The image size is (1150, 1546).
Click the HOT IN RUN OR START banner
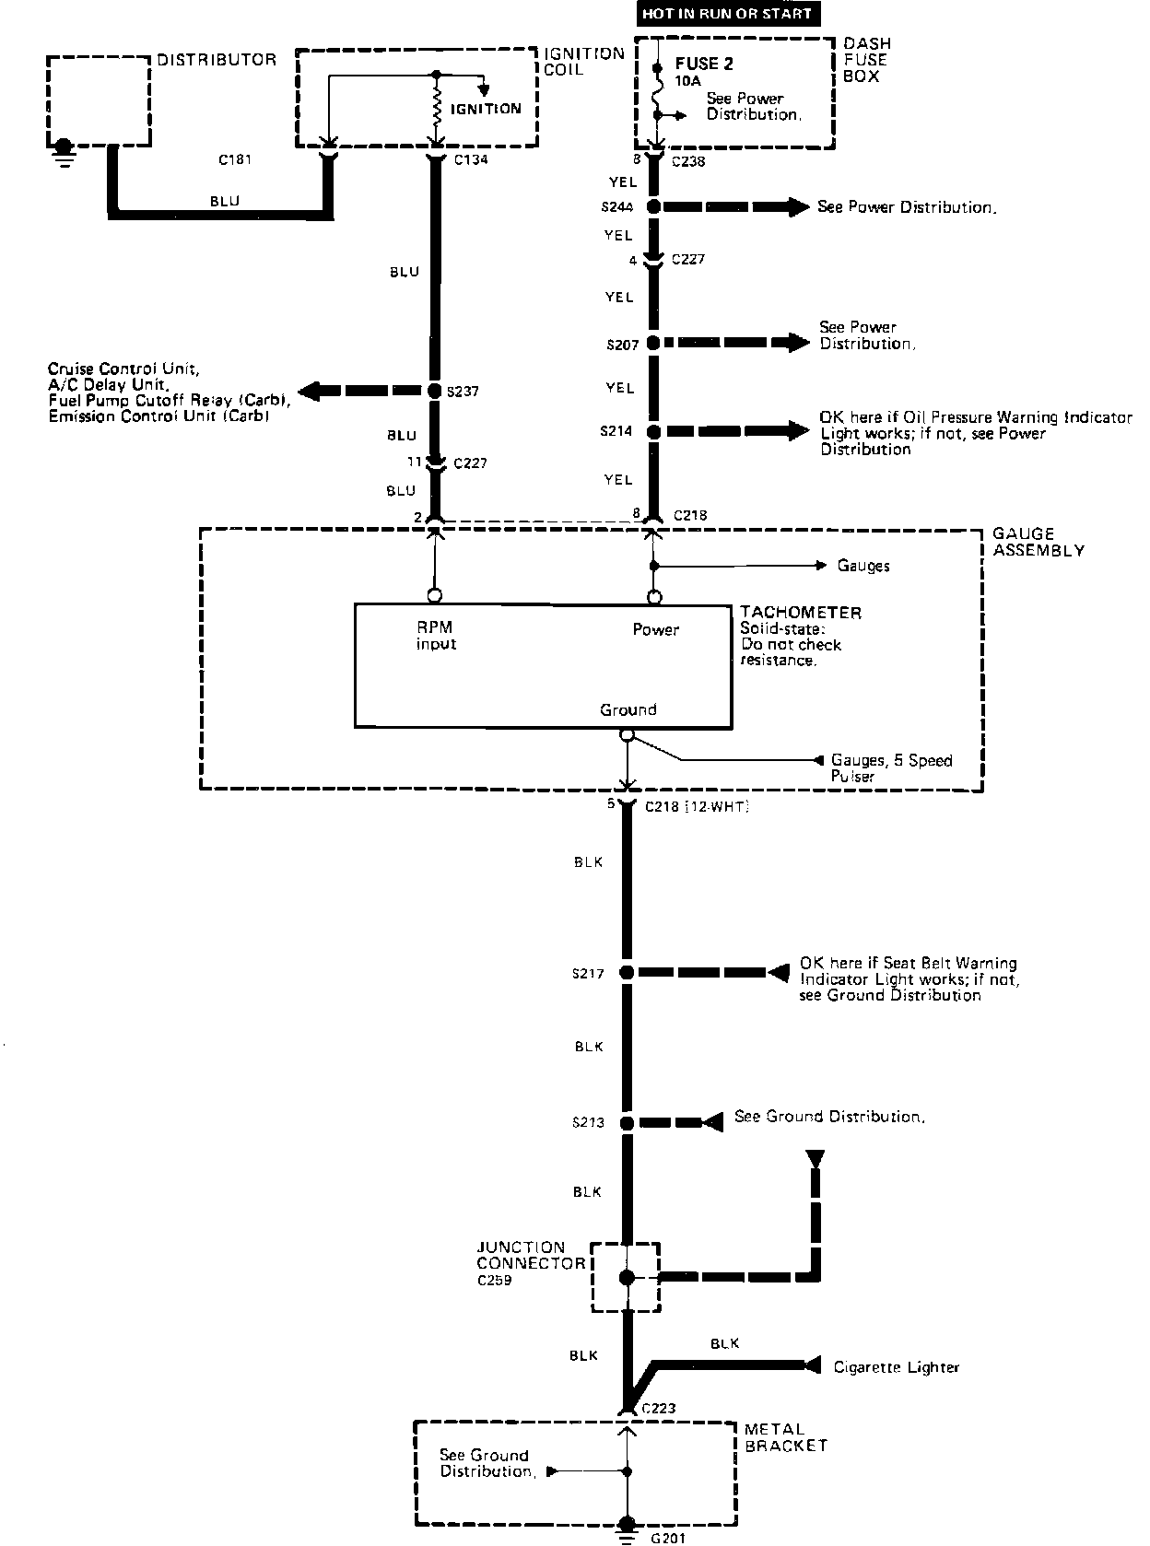(727, 14)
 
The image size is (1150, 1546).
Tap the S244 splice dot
(653, 206)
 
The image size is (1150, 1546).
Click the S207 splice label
(622, 345)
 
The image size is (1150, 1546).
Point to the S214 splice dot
(653, 431)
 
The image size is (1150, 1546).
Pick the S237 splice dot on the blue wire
(437, 391)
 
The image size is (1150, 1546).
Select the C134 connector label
(471, 159)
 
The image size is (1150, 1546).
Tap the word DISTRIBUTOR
(217, 60)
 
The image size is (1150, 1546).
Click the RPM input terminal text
(435, 636)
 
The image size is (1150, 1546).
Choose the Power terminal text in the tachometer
(655, 630)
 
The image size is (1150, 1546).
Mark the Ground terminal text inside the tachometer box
(628, 709)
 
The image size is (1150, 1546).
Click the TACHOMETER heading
(801, 613)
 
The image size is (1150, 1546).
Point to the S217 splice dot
(627, 972)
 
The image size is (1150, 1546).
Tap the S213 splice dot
(627, 1122)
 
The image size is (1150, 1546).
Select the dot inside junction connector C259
(627, 1278)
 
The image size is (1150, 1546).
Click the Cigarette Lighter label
(896, 1367)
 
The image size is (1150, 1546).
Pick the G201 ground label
(669, 1538)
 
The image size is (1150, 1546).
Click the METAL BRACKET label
(786, 1437)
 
